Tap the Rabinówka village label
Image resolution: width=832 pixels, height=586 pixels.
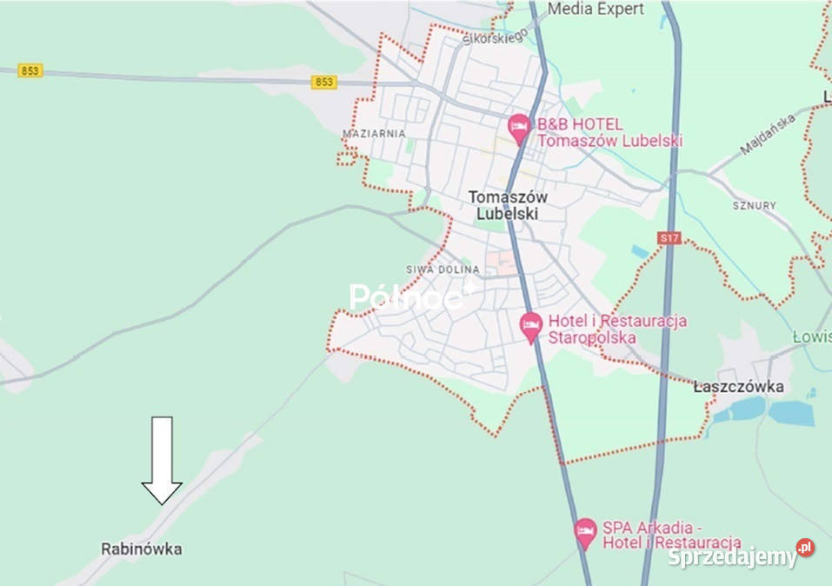click(142, 549)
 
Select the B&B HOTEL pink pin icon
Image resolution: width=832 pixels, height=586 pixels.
click(519, 129)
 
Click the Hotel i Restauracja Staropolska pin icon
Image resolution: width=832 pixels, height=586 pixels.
click(530, 327)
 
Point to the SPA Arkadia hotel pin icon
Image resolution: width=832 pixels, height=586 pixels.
click(585, 532)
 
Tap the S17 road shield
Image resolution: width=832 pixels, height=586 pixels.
click(668, 237)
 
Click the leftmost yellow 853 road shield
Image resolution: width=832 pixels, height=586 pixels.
click(30, 70)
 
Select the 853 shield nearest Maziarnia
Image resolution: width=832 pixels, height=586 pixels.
click(323, 82)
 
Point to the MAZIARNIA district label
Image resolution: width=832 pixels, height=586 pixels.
click(374, 134)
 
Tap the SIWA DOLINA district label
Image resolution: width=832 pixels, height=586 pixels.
click(443, 270)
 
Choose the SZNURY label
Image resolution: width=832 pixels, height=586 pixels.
click(754, 206)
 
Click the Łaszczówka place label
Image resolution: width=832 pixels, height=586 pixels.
click(739, 387)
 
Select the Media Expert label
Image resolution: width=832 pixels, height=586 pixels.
click(596, 10)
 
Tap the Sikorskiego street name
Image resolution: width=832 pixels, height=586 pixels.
click(496, 37)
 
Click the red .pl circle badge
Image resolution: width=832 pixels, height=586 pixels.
click(805, 548)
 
